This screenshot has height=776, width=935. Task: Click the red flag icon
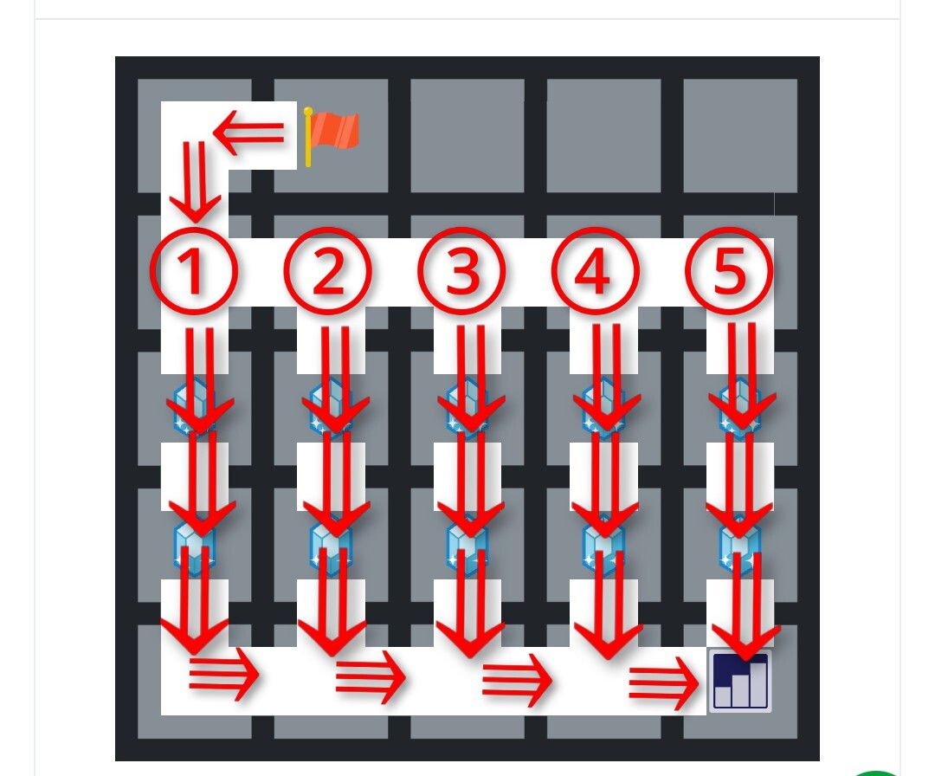(x=331, y=136)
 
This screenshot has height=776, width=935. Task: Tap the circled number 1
(x=194, y=271)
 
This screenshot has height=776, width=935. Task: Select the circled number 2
(x=328, y=271)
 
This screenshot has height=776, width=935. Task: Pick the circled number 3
(x=462, y=271)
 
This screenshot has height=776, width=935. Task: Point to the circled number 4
(x=596, y=271)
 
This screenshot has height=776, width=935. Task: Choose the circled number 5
(x=730, y=271)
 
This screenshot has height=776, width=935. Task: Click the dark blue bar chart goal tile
(x=740, y=681)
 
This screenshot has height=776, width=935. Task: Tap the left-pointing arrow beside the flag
(x=248, y=132)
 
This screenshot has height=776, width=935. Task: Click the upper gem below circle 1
(x=195, y=407)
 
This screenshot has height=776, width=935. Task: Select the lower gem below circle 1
(x=195, y=546)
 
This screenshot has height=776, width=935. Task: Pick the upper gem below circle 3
(x=467, y=407)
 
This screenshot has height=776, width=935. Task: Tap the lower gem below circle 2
(x=331, y=546)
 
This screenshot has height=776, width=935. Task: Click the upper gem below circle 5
(x=740, y=407)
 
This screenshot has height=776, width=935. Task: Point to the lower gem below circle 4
(x=604, y=546)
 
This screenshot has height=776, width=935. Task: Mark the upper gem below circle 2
(x=331, y=407)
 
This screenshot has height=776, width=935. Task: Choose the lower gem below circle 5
(x=740, y=546)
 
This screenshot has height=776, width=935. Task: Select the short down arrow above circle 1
(x=195, y=181)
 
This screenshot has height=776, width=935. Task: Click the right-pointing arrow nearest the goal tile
(x=664, y=683)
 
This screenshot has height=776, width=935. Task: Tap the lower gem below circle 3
(x=467, y=546)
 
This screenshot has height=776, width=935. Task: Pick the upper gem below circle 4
(x=604, y=407)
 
